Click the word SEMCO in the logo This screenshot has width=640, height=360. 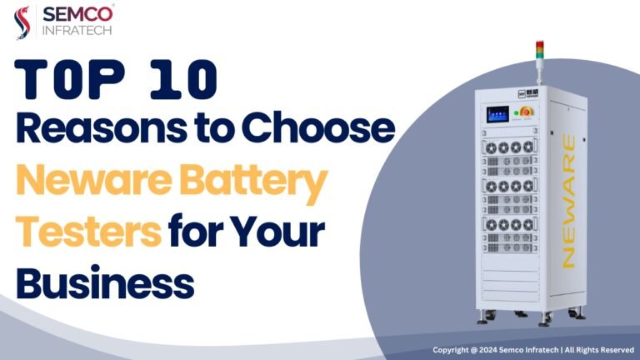click(77, 14)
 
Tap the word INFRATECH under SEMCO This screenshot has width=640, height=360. click(77, 31)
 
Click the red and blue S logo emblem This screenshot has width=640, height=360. click(22, 22)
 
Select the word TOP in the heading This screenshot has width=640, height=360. click(69, 79)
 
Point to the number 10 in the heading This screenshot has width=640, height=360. click(183, 79)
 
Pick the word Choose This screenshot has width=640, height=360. click(318, 127)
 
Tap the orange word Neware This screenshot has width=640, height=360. click(93, 180)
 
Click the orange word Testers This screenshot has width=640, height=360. click(88, 232)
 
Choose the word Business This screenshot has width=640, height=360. click(105, 282)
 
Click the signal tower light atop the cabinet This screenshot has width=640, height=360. click(540, 50)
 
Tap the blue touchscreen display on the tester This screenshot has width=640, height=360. click(497, 114)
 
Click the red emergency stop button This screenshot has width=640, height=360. click(527, 112)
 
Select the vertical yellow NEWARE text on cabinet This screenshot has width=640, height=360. click(568, 201)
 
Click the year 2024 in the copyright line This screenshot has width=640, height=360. click(487, 350)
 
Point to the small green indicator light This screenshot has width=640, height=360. click(517, 113)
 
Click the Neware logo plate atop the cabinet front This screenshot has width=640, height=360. click(527, 94)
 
